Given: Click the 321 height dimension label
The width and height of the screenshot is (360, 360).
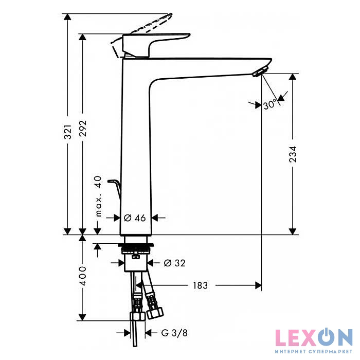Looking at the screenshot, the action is pos(68,132).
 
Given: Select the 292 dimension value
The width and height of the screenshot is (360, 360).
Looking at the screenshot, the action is pos(83,129).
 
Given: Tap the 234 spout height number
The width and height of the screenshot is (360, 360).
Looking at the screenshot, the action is pos(293,154).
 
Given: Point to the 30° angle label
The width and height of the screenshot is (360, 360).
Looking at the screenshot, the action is pos(269,104).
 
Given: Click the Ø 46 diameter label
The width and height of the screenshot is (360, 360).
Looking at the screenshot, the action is pos(135,218).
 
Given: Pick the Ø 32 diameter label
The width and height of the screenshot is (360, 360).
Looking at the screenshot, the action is pos(175,263).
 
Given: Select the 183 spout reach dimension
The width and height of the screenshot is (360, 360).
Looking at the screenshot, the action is pos(200,285).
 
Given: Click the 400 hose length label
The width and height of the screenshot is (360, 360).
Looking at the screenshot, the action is pos(83,276).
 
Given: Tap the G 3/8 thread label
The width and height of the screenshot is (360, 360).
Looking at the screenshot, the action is pos(174,333).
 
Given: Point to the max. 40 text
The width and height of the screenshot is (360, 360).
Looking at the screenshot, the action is pos(98,196).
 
